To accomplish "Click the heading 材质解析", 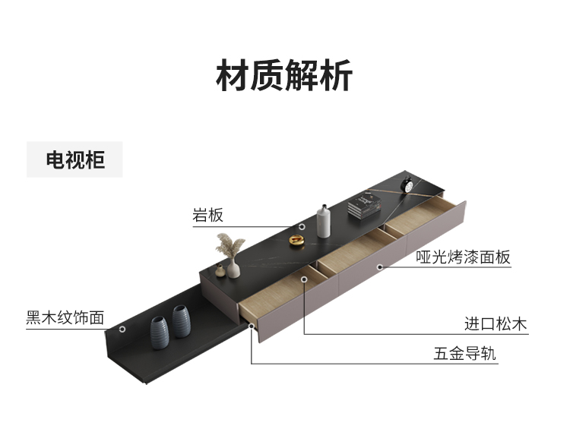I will [x=284, y=77].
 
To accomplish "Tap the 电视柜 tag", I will [x=74, y=160].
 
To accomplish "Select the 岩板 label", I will [x=207, y=216].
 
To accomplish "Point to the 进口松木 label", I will [x=496, y=325].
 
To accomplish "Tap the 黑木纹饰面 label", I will [x=65, y=317].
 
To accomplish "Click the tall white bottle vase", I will [x=324, y=220].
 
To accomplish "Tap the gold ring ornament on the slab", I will [x=298, y=241].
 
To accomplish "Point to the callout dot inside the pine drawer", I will [x=303, y=280].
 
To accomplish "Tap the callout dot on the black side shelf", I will [x=122, y=329].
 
